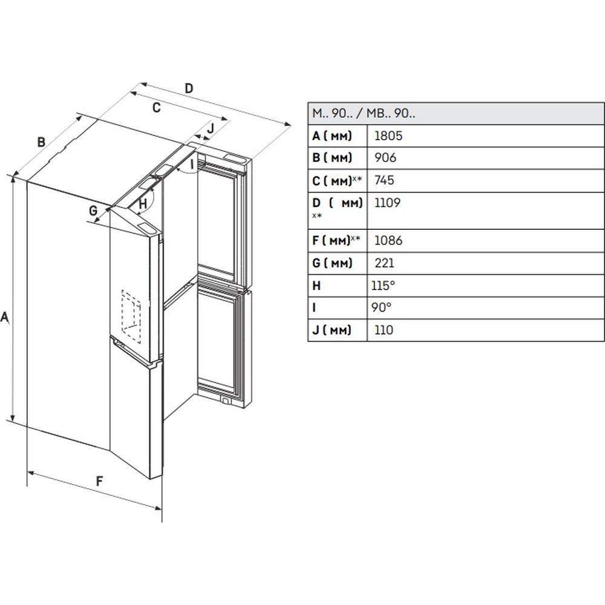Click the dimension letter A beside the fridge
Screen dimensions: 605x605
click(5, 316)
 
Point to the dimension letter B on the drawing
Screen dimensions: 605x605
click(41, 142)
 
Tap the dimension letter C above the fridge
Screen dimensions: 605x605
click(155, 108)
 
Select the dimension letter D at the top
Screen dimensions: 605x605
click(189, 88)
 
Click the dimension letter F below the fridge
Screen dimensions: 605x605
click(100, 482)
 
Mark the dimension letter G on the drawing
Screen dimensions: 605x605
click(93, 211)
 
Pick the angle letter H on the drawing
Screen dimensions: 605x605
click(142, 204)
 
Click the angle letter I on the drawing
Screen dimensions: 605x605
click(192, 163)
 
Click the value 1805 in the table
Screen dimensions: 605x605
click(388, 136)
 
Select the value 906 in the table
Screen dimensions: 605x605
click(385, 158)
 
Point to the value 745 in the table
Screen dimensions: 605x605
click(385, 180)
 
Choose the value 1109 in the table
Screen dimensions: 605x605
click(387, 203)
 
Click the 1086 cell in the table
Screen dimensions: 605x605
click(388, 240)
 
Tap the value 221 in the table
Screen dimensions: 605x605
click(384, 263)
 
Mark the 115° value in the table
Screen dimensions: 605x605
click(384, 285)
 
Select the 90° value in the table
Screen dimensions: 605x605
click(381, 307)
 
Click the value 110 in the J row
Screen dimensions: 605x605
click(384, 330)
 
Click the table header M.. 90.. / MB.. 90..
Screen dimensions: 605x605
click(364, 113)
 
